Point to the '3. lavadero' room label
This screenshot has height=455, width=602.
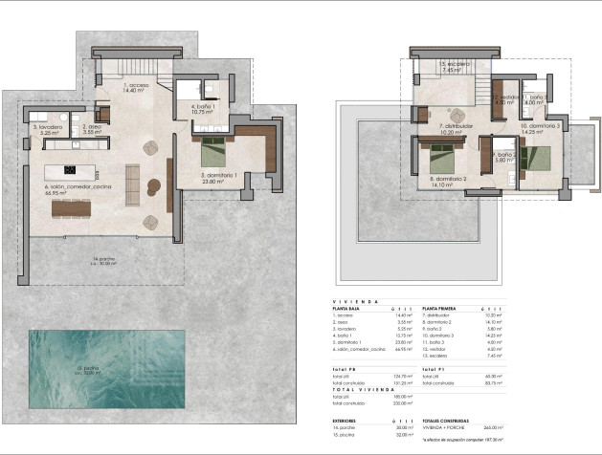tap(48, 129)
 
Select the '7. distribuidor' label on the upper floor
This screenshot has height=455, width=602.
tap(458, 128)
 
